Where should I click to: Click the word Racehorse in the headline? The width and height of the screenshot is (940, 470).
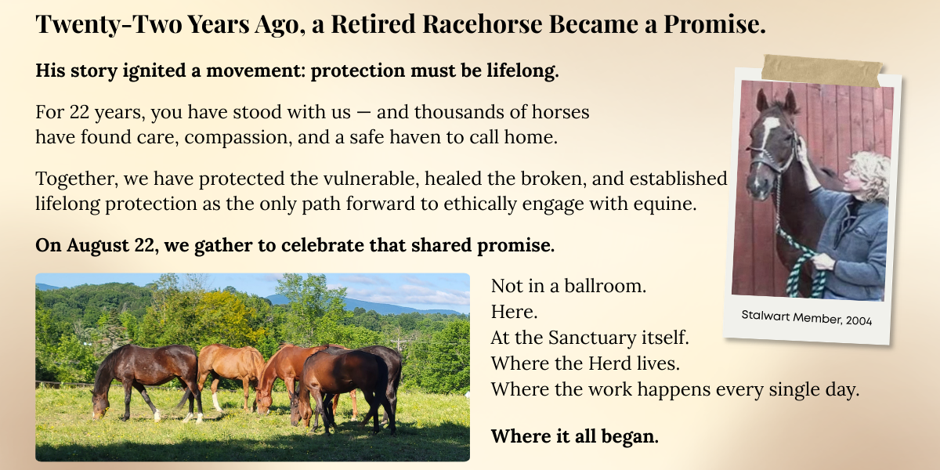point(483,23)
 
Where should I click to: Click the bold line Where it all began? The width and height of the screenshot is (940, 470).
point(574,436)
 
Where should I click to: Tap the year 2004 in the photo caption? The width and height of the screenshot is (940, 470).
point(859,321)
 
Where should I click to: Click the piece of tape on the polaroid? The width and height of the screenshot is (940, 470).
point(821,70)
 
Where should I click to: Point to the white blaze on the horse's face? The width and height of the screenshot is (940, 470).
point(768,132)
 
